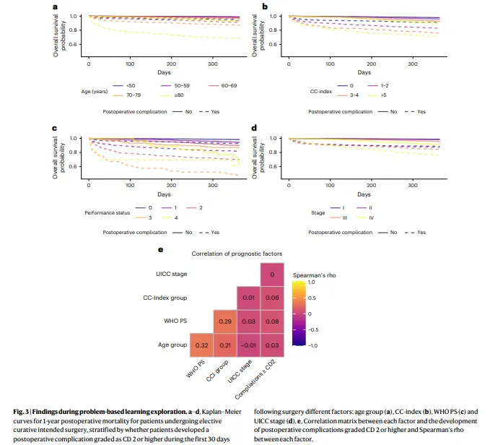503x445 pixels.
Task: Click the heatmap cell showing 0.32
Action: tap(202, 345)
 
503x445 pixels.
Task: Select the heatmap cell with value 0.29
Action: tap(225, 321)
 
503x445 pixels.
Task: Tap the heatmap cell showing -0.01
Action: tap(248, 345)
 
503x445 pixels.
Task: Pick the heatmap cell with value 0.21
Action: tap(225, 345)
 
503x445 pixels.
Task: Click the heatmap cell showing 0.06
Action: tap(272, 298)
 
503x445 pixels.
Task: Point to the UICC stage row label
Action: tap(171, 275)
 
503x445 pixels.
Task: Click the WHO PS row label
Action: tap(175, 321)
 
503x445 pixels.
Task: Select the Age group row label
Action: tap(172, 345)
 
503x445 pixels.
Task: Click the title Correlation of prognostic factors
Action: tap(237, 254)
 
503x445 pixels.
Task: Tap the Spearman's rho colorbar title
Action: tap(315, 275)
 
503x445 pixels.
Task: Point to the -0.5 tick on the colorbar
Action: tap(313, 329)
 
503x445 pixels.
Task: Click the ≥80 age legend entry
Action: tap(172, 95)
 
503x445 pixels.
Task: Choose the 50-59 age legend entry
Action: tap(175, 86)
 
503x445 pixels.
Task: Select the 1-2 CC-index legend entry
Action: tap(378, 86)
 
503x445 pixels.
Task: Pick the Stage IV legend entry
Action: tap(365, 218)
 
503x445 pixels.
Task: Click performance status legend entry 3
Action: tap(144, 218)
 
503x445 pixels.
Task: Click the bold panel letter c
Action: tap(54, 129)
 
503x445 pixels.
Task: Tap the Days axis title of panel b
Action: tap(364, 72)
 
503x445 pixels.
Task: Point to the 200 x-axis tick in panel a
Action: tap(171, 64)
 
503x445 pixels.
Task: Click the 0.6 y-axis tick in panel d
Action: tap(273, 166)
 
